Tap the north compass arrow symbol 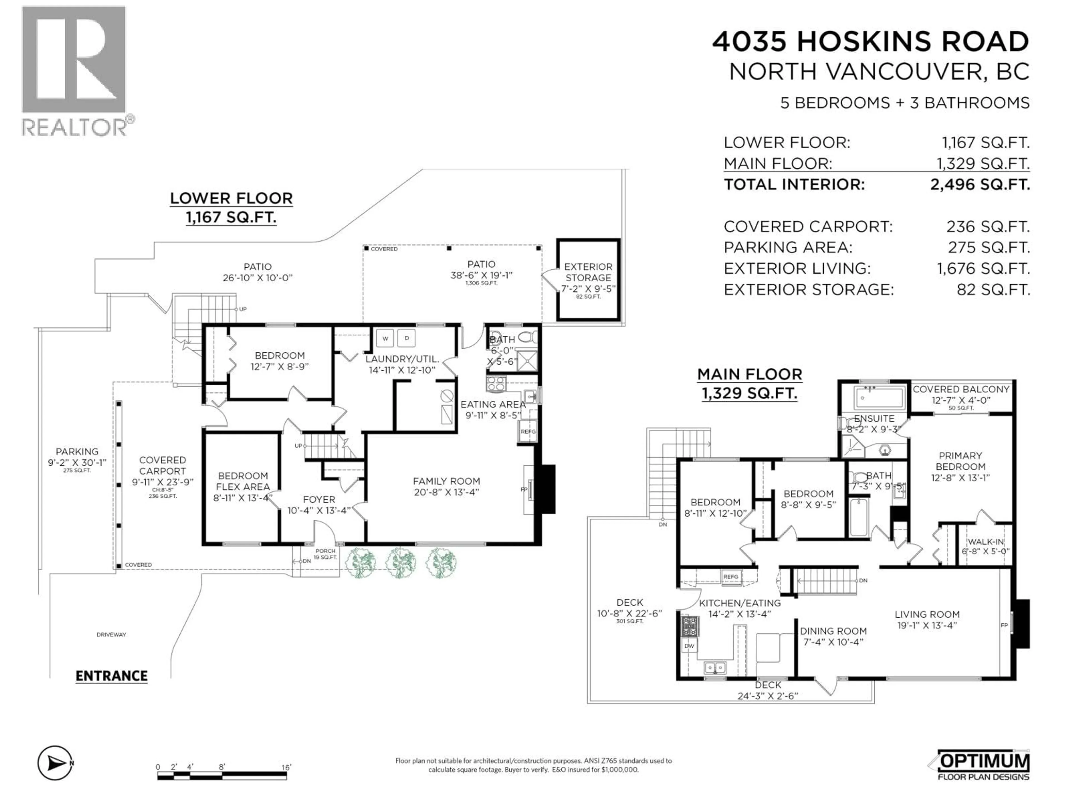point(56,763)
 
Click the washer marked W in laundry point(385,338)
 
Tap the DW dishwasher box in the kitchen point(689,646)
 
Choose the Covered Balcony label point(961,389)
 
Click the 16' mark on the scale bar point(286,767)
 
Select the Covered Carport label point(162,466)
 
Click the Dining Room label point(833,631)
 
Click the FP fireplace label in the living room point(1004,625)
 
